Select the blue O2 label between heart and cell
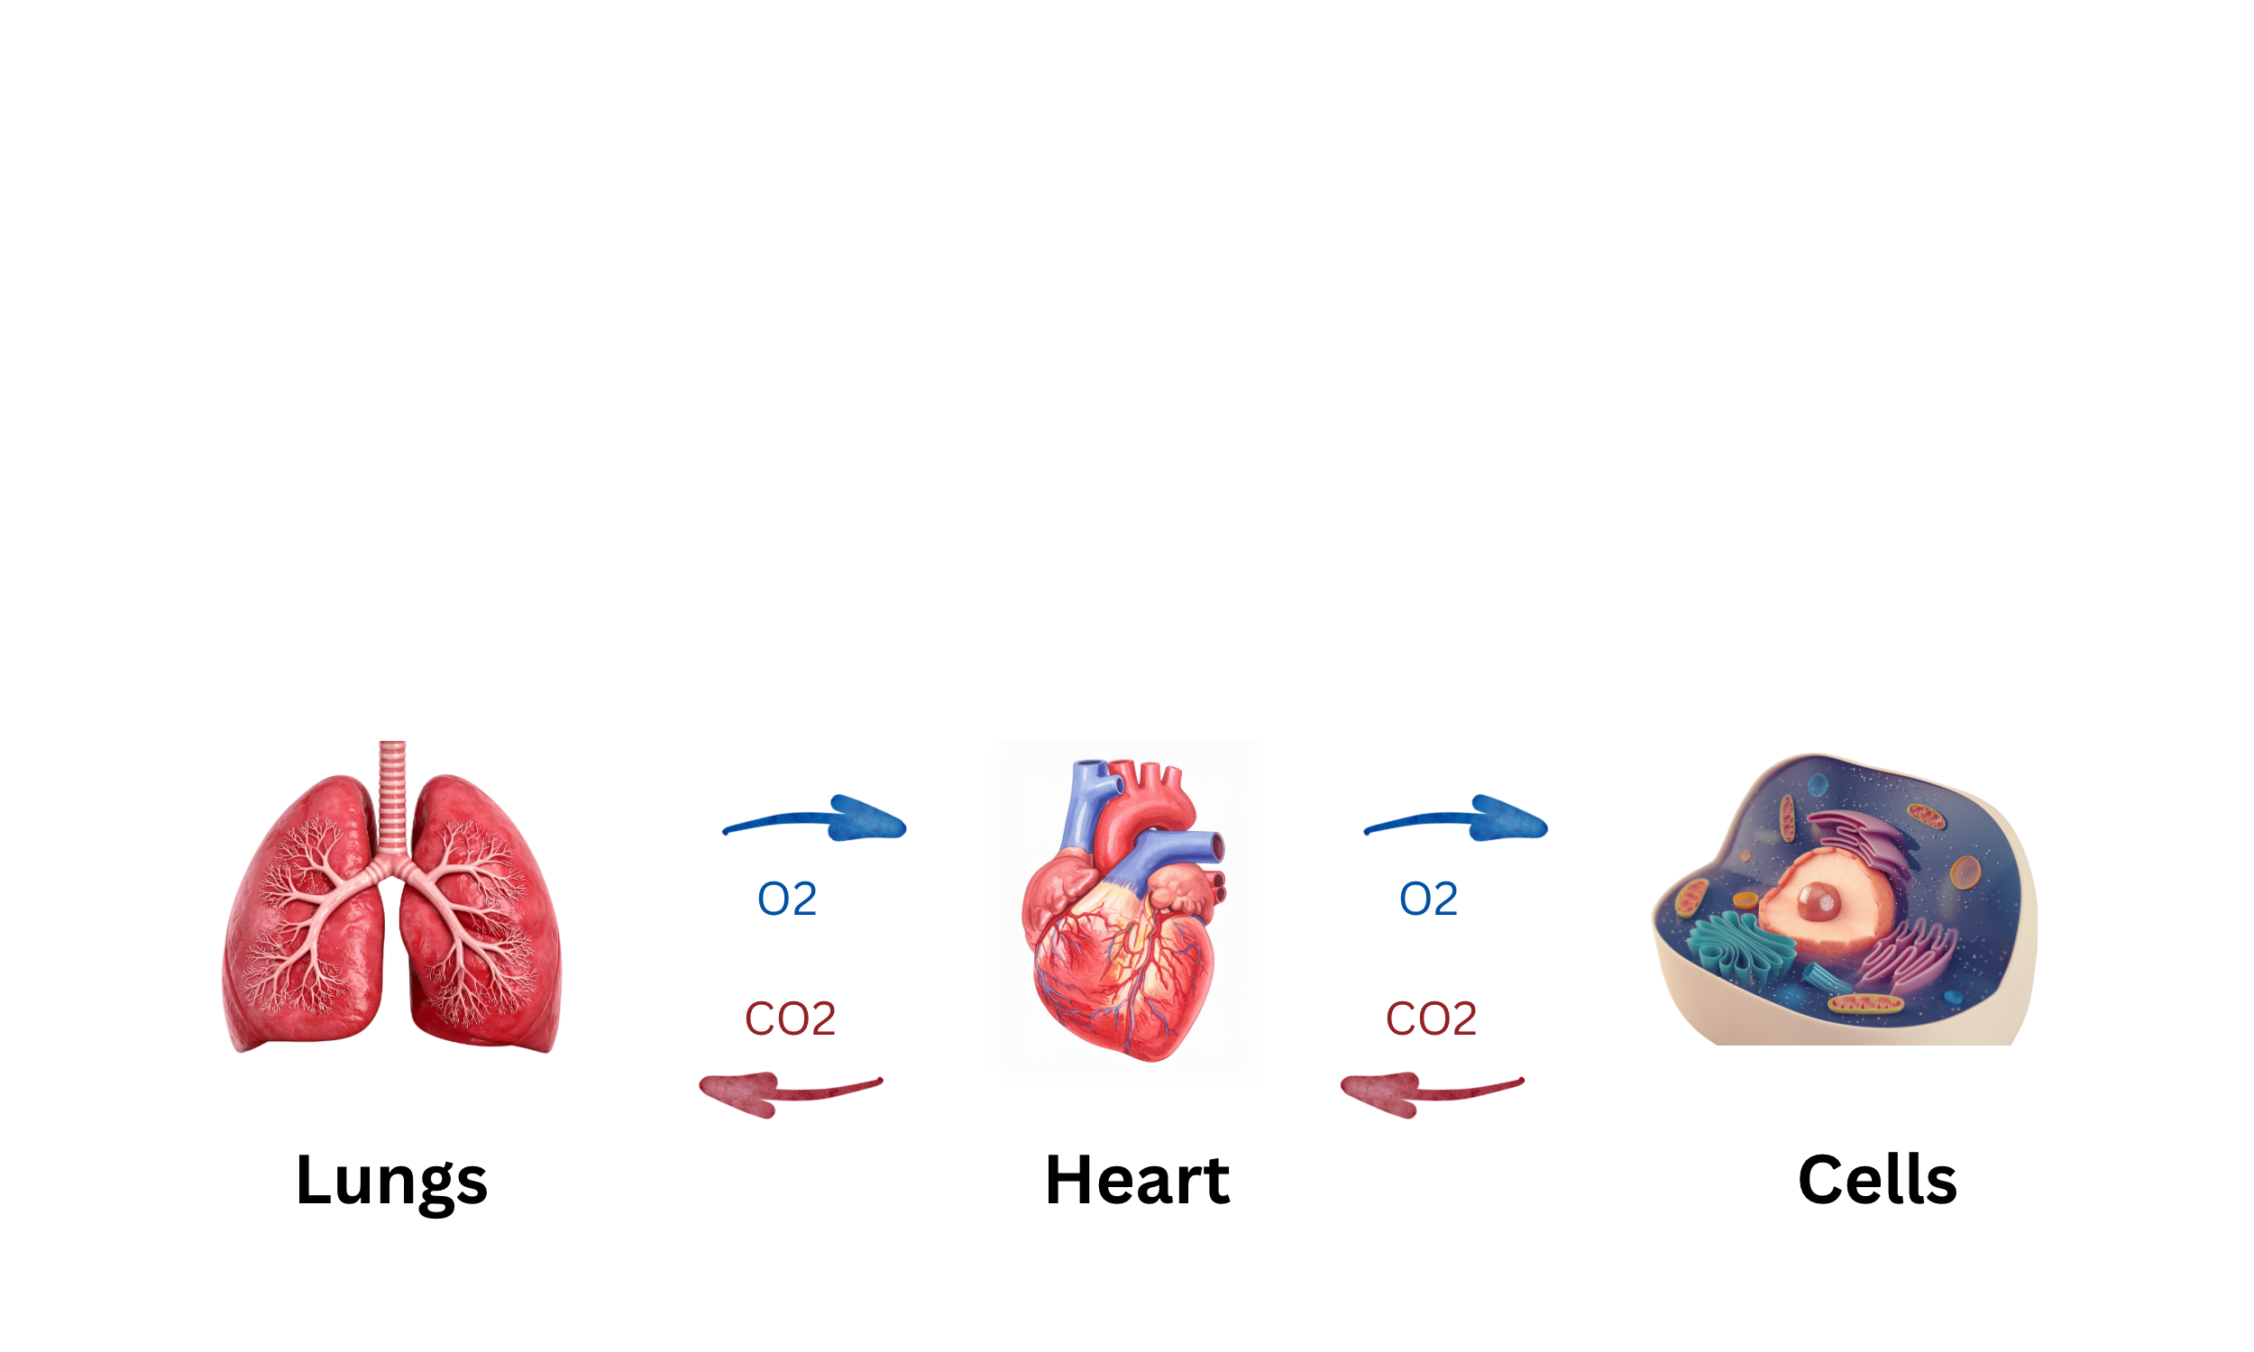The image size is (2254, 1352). pyautogui.click(x=1422, y=901)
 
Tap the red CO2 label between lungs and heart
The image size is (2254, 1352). pyautogui.click(x=787, y=1019)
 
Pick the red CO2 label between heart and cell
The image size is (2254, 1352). pyautogui.click(x=1432, y=1019)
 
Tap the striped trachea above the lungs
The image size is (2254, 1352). pyautogui.click(x=393, y=792)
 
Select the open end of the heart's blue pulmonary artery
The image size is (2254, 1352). pyautogui.click(x=1216, y=847)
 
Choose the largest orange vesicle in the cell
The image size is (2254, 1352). pyautogui.click(x=1965, y=872)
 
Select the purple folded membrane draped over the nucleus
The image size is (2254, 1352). pyautogui.click(x=1858, y=838)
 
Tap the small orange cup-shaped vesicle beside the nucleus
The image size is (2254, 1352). pyautogui.click(x=1745, y=900)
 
